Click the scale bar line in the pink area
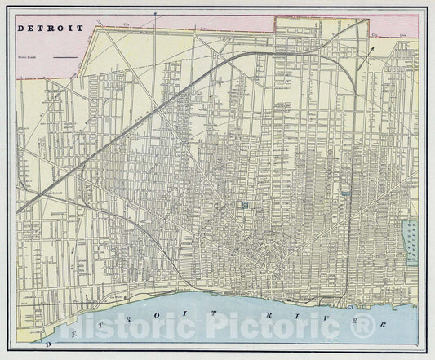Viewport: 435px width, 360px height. pyautogui.click(x=69, y=57)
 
